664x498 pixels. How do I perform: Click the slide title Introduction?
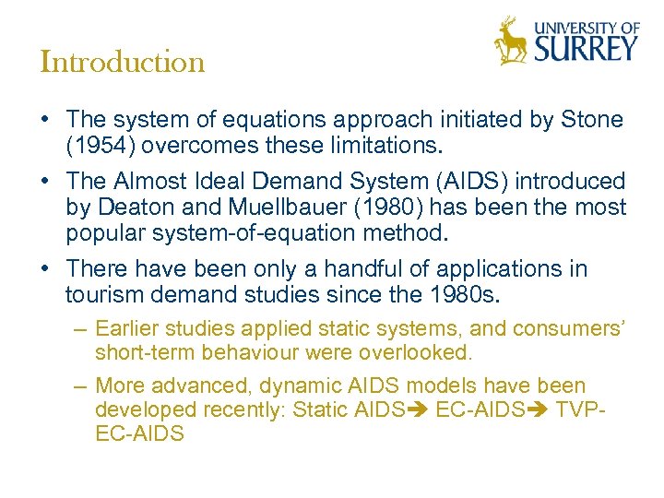[x=123, y=63]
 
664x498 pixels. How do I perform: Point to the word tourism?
[x=99, y=295]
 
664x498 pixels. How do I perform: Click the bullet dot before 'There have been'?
[x=45, y=269]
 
